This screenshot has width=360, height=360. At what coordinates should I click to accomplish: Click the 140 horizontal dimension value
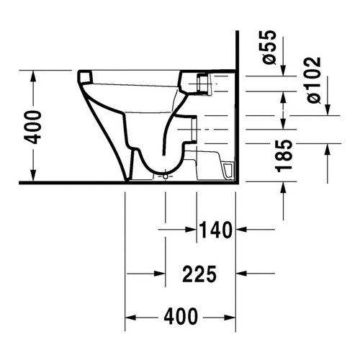coord(217,230)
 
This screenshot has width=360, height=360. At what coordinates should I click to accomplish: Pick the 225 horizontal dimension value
coord(199,274)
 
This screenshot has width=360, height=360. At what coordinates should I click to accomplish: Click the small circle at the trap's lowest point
coord(165,175)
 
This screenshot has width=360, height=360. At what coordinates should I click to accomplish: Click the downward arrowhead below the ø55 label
coord(283,70)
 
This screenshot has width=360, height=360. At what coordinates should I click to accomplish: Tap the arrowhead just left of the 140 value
coord(193,230)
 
